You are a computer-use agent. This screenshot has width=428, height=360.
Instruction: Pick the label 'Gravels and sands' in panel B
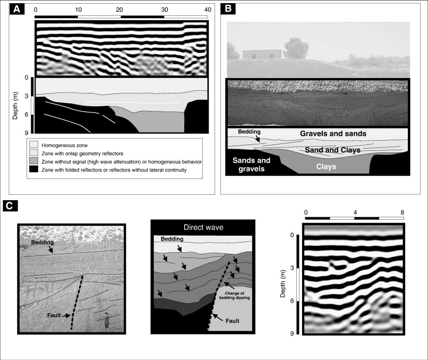coord(333,134)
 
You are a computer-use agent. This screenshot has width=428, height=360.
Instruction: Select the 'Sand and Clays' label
coord(333,150)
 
